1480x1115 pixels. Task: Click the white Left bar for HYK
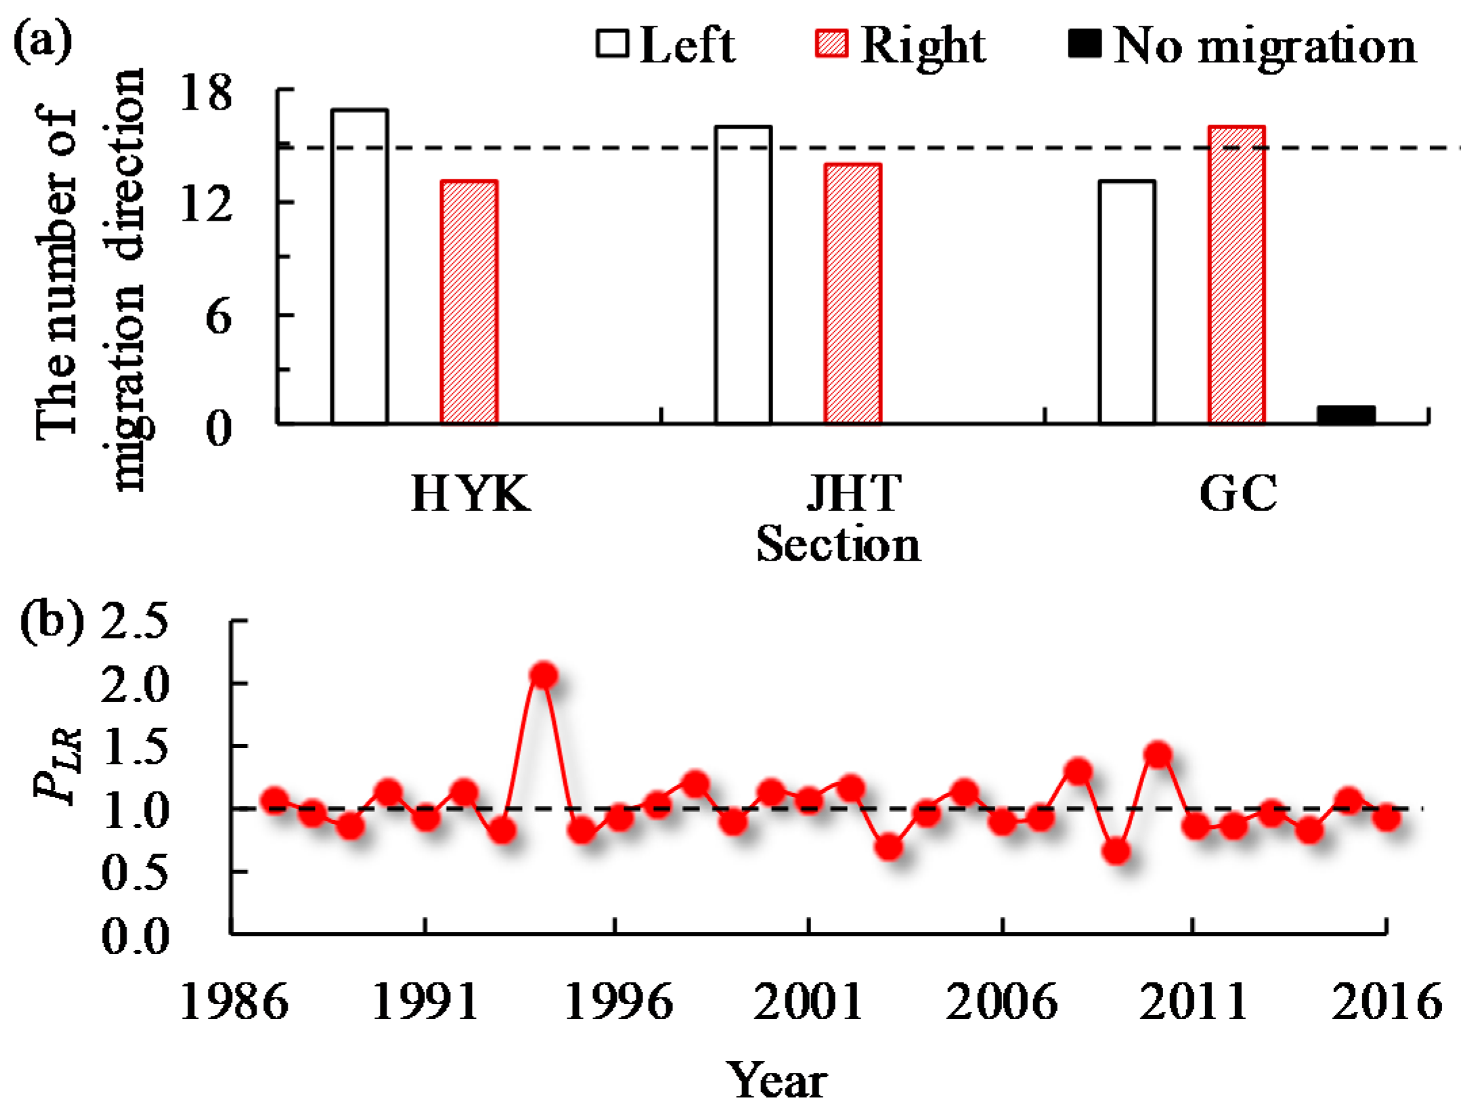click(359, 267)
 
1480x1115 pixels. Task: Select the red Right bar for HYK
click(469, 302)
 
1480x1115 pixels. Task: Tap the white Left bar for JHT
click(743, 275)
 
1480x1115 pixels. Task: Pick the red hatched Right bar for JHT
click(852, 294)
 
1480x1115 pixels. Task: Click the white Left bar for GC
click(1127, 302)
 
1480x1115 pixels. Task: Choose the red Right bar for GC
click(1236, 275)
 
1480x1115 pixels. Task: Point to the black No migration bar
click(1345, 414)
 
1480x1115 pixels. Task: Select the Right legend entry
click(900, 45)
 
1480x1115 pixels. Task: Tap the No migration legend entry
click(1242, 45)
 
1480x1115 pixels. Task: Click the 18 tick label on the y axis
click(205, 93)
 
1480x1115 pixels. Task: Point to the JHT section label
click(854, 494)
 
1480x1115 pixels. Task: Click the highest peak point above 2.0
click(543, 675)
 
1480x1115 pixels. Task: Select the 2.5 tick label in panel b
click(134, 621)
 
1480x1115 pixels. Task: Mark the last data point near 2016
click(1387, 818)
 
